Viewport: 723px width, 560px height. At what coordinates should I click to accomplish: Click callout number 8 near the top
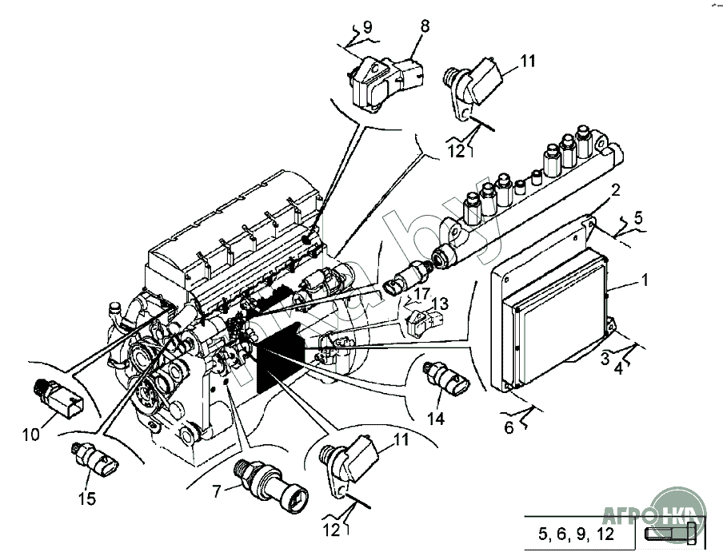click(424, 26)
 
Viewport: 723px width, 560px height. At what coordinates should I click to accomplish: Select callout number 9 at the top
click(367, 28)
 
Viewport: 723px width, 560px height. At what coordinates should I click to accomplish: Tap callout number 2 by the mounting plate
click(615, 190)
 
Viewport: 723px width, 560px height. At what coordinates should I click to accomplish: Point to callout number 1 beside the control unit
click(645, 281)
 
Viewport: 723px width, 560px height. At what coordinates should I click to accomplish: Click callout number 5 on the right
click(638, 216)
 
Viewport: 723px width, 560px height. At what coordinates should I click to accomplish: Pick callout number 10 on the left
click(30, 435)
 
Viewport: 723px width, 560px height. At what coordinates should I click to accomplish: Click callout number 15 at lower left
click(86, 498)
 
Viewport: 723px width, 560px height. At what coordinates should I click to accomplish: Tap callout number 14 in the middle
click(434, 417)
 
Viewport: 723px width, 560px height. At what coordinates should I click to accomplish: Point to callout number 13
click(441, 303)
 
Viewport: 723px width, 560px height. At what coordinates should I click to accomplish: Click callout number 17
click(421, 294)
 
